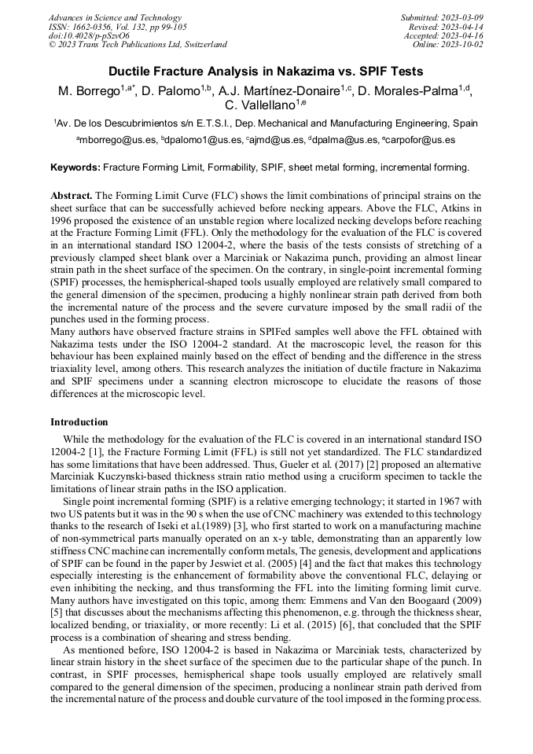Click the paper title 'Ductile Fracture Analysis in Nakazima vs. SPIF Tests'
[266, 72]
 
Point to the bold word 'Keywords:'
[75, 167]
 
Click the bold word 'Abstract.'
[72, 195]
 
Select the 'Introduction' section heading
[79, 422]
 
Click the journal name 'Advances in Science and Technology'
[115, 17]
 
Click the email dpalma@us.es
[343, 140]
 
